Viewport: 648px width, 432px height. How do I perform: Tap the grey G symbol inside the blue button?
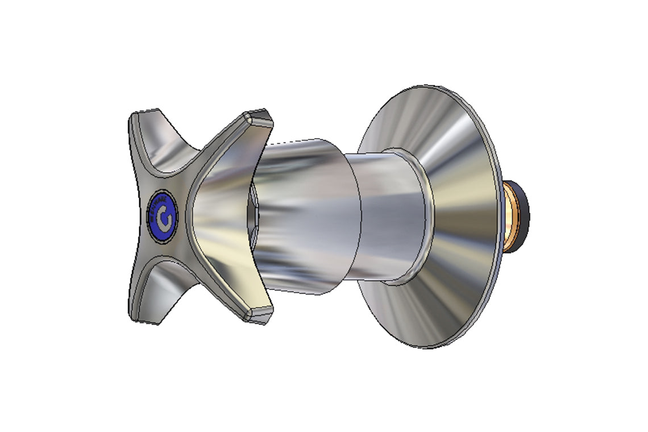164,217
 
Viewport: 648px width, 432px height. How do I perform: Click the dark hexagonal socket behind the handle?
252,216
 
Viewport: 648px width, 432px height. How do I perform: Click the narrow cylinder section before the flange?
387,216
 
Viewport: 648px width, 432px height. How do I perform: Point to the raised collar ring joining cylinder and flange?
421,216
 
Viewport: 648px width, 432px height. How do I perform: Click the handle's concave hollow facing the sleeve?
222,216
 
